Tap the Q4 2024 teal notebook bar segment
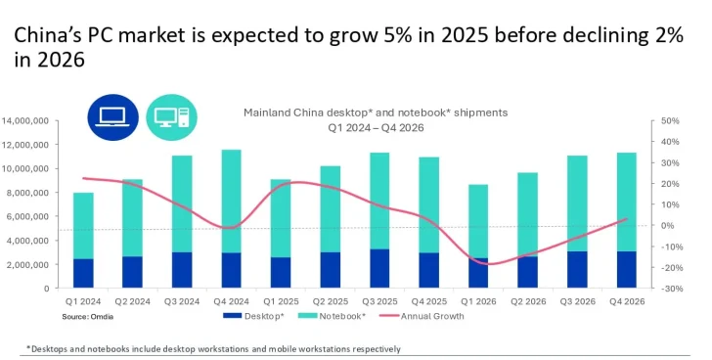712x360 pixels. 231,201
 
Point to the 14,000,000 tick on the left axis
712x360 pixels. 25,120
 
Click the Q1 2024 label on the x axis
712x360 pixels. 84,301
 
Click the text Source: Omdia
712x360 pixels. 87,316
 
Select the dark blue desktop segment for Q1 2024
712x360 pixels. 84,273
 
